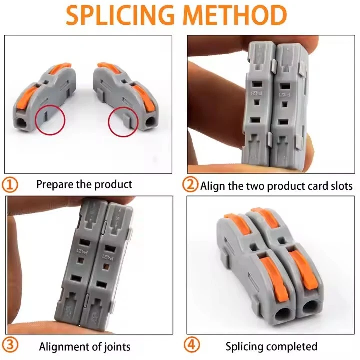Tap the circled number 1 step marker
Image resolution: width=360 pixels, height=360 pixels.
point(11,185)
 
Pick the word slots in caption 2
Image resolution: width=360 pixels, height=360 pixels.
point(340,186)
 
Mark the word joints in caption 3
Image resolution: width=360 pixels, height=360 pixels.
point(116,346)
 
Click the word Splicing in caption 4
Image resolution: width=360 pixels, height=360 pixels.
point(244,346)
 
